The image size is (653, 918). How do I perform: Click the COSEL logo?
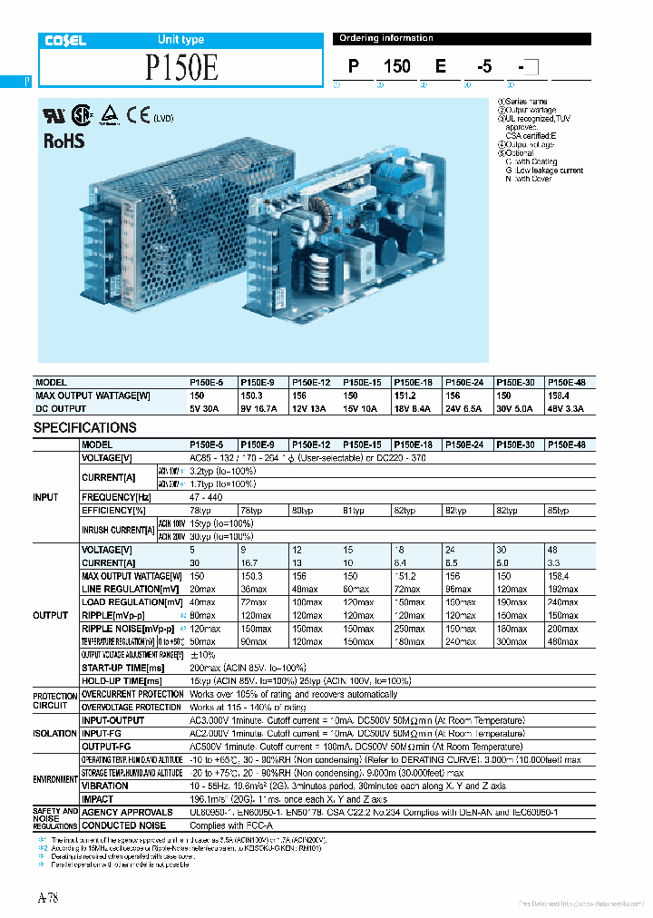pos(65,40)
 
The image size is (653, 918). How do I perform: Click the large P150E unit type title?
pos(181,69)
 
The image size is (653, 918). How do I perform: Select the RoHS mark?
pos(63,141)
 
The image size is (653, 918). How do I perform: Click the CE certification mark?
pos(139,115)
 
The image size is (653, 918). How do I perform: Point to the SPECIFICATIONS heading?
pos(85,427)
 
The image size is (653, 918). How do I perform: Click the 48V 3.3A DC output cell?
pos(567,409)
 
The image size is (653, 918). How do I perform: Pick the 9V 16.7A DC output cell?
pos(259,409)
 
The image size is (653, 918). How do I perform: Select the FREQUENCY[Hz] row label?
pos(117,498)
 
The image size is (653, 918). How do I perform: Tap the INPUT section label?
pos(47,497)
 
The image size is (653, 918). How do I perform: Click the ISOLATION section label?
pos(54,733)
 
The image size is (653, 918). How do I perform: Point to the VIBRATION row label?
pos(104,786)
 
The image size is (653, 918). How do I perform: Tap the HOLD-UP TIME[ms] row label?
pos(122,680)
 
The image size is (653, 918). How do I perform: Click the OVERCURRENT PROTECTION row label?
pos(132,694)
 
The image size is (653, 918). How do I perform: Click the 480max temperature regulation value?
pos(562,641)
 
